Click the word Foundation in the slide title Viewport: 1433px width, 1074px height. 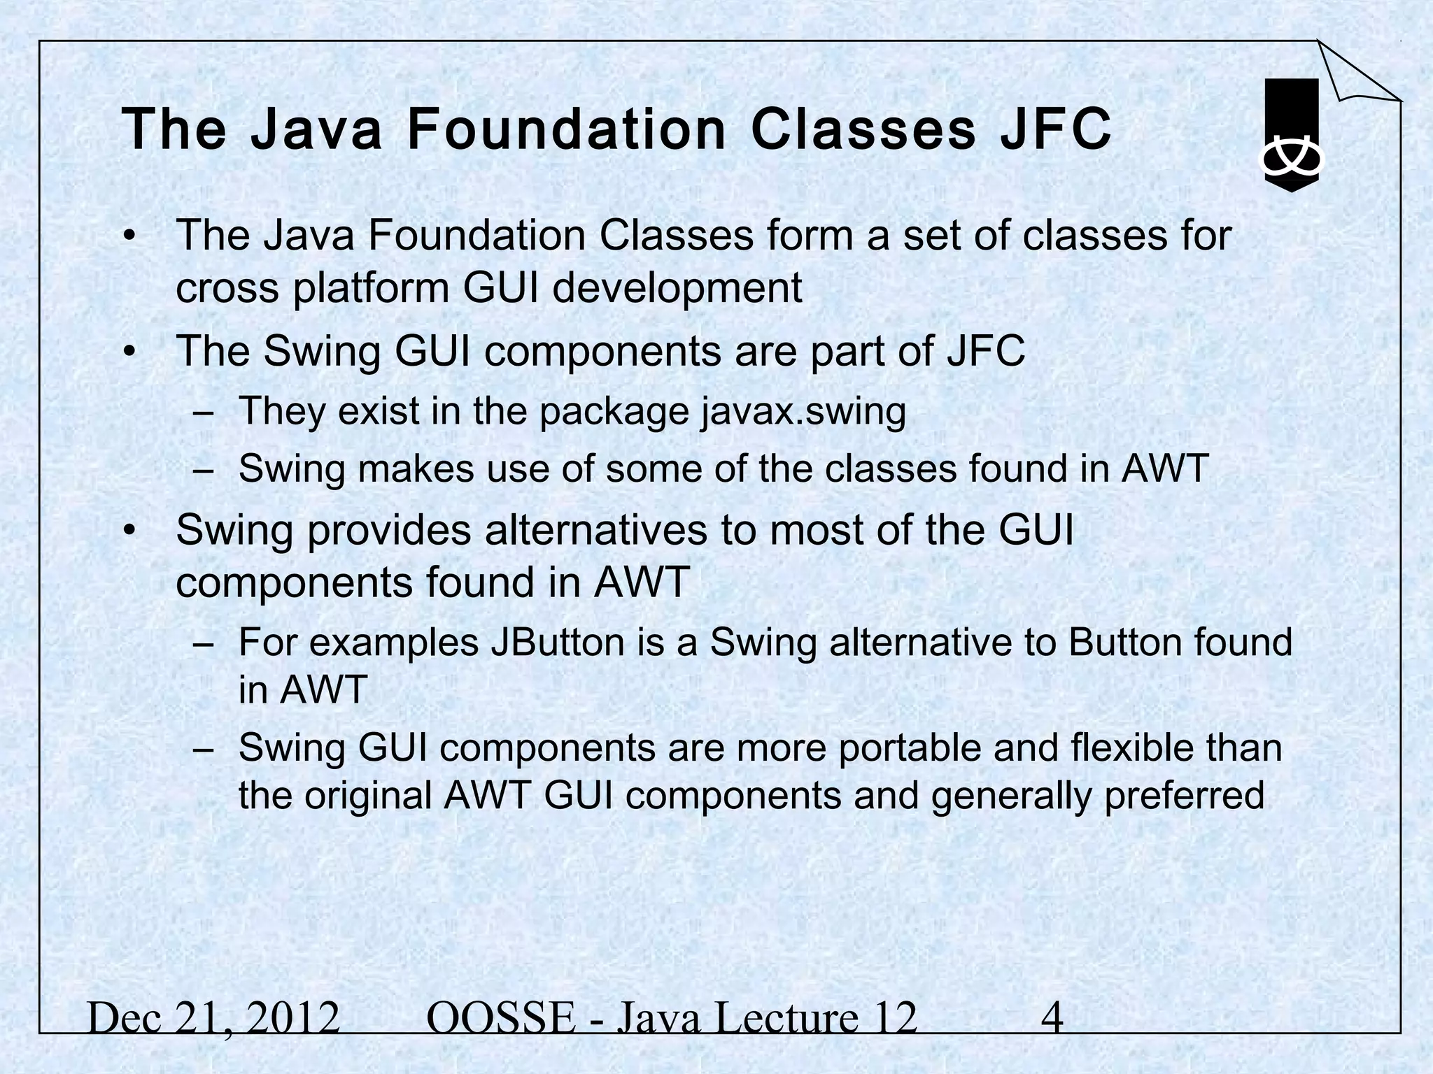click(x=566, y=129)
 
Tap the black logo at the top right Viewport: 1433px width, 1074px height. click(x=1291, y=134)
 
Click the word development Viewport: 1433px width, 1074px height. click(x=677, y=288)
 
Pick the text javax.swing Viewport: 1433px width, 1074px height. click(x=803, y=411)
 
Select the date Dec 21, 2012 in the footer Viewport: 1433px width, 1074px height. click(x=213, y=1018)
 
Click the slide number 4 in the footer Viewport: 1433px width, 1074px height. click(x=1052, y=1018)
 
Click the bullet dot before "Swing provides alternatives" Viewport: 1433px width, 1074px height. click(x=128, y=532)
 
